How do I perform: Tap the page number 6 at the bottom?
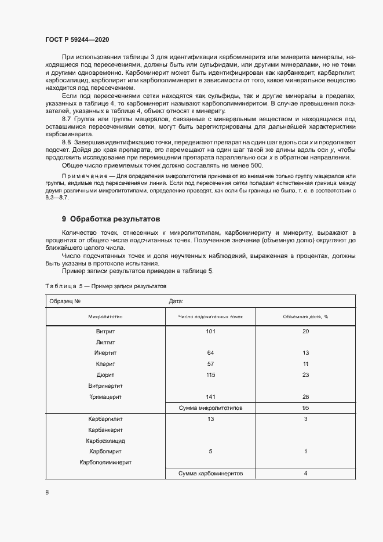[47, 492]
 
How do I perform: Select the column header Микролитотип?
[105, 317]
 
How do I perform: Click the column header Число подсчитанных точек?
[210, 317]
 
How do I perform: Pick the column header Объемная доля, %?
[305, 317]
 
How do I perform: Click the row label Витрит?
[105, 331]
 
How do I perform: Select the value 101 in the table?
[210, 331]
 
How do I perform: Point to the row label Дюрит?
[105, 375]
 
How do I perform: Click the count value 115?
[210, 375]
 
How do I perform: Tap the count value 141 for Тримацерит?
[210, 397]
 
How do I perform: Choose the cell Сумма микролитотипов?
[210, 408]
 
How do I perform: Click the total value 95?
[305, 408]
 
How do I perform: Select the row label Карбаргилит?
[105, 419]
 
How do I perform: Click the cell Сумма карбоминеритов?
[210, 474]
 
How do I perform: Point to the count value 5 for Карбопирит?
[210, 452]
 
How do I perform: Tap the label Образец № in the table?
[65, 301]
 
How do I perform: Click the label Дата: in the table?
[176, 301]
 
